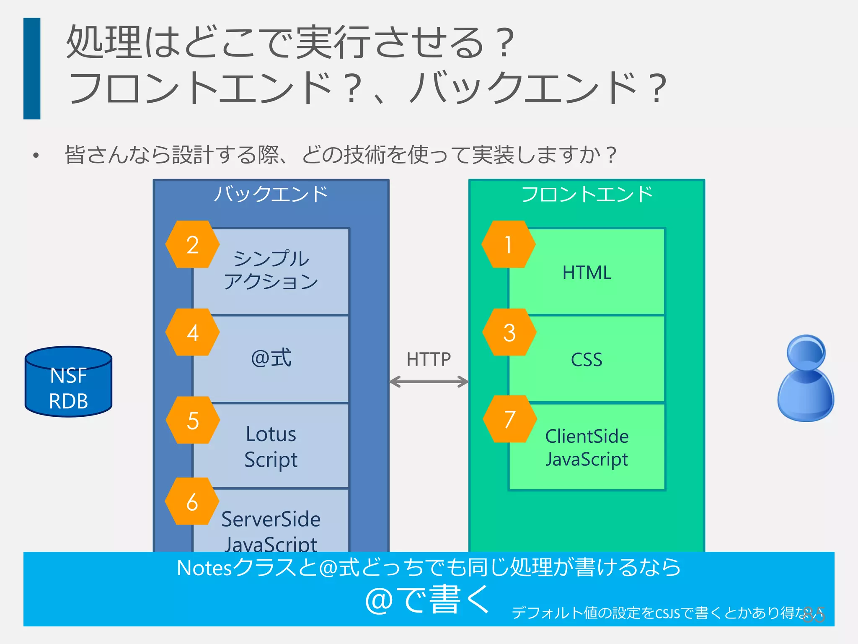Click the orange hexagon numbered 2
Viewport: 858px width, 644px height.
coord(192,244)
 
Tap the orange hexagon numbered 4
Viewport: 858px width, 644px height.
coord(192,332)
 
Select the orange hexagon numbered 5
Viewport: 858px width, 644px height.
coord(193,420)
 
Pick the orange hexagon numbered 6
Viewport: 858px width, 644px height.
coord(192,501)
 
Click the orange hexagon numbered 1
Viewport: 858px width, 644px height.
coord(508,244)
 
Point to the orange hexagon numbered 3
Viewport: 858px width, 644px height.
coord(509,332)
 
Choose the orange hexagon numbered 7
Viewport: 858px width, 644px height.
coord(509,419)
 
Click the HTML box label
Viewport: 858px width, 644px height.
coord(587,273)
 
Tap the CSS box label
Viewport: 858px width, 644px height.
coord(587,360)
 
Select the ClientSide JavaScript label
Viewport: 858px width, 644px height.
coord(587,448)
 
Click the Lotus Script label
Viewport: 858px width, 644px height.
coord(271,447)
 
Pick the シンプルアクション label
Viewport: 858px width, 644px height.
coord(271,270)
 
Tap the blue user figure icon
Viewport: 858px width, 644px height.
coord(805,378)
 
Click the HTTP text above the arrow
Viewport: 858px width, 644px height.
coord(428,359)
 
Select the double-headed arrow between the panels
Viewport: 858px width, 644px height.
coord(429,382)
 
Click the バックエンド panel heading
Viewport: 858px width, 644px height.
coord(271,194)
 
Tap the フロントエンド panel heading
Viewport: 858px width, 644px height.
coord(587,194)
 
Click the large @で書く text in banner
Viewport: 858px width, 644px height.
coord(427,600)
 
